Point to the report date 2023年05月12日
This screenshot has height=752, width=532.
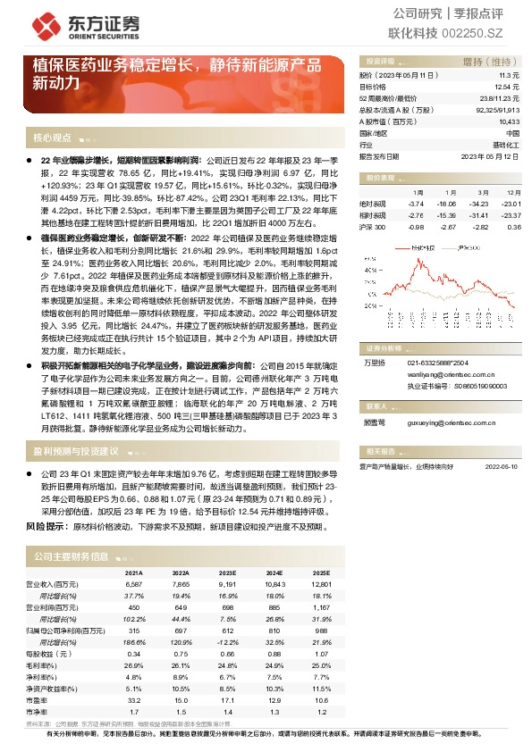click(491, 155)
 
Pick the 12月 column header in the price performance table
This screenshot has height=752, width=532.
click(513, 192)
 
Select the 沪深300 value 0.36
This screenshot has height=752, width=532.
click(513, 227)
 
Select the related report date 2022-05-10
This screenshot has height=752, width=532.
click(502, 466)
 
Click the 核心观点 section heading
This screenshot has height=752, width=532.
click(52, 138)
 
